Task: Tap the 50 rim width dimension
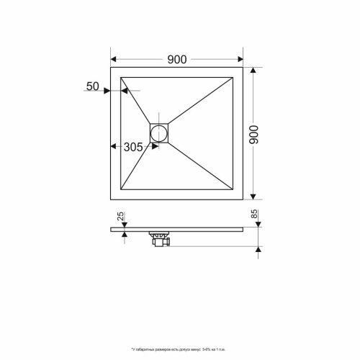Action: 92,86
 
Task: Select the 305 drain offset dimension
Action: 132,147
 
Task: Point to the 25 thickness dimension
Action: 121,216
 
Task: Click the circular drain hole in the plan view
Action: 158,132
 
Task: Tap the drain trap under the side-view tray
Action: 159,240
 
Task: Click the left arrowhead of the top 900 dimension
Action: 114,60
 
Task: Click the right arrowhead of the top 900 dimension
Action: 240,60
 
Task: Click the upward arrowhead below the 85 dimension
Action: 257,250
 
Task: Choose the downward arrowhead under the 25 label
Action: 126,225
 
